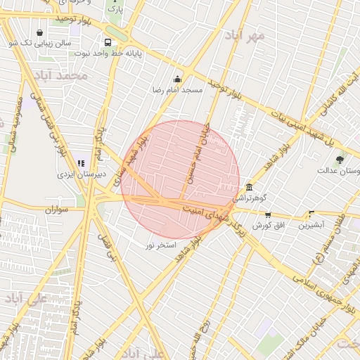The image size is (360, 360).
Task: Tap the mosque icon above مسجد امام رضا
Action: coord(177,79)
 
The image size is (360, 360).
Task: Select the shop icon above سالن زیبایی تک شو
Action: coord(39,32)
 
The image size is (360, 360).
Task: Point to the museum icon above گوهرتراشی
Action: coord(250,187)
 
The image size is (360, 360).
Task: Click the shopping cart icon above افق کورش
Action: coord(267,214)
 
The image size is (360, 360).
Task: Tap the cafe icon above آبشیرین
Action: coord(311,214)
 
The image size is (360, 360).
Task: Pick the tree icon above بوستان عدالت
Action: coord(340,160)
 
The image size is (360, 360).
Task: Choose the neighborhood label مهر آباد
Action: coord(244,34)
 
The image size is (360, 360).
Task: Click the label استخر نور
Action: coord(160,245)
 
